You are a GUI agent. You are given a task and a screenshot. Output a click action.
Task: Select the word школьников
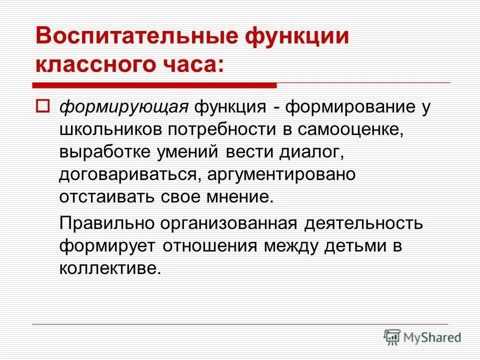[110, 129]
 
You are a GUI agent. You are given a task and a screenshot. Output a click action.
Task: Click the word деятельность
[364, 223]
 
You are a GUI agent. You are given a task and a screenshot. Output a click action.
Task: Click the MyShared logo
[422, 336]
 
